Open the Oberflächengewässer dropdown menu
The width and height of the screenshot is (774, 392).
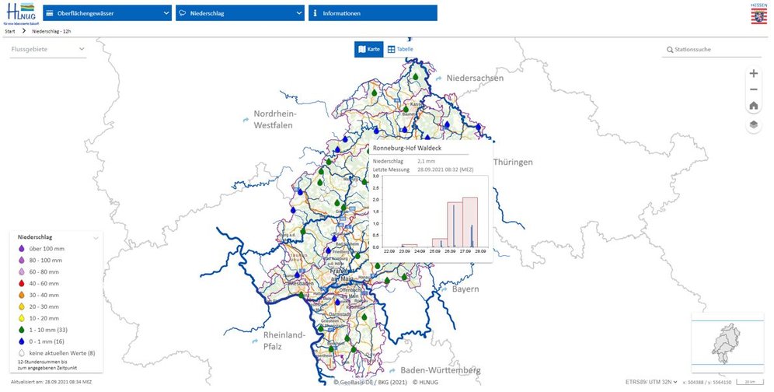(107, 13)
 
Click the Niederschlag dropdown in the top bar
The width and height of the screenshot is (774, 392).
(239, 13)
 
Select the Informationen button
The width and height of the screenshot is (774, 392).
(372, 13)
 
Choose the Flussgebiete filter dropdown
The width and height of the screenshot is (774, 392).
(47, 50)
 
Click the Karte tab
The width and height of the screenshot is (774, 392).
(369, 50)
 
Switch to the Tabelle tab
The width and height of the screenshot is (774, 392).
(400, 50)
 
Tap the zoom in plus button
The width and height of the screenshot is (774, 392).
(753, 74)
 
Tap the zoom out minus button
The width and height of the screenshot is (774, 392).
(753, 89)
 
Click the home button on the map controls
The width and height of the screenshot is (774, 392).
(753, 106)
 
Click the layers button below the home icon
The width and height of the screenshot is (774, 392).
(753, 124)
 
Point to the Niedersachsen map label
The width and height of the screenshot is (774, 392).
(475, 78)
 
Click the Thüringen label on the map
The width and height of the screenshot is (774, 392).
(513, 162)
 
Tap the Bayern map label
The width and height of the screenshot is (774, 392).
(465, 289)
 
